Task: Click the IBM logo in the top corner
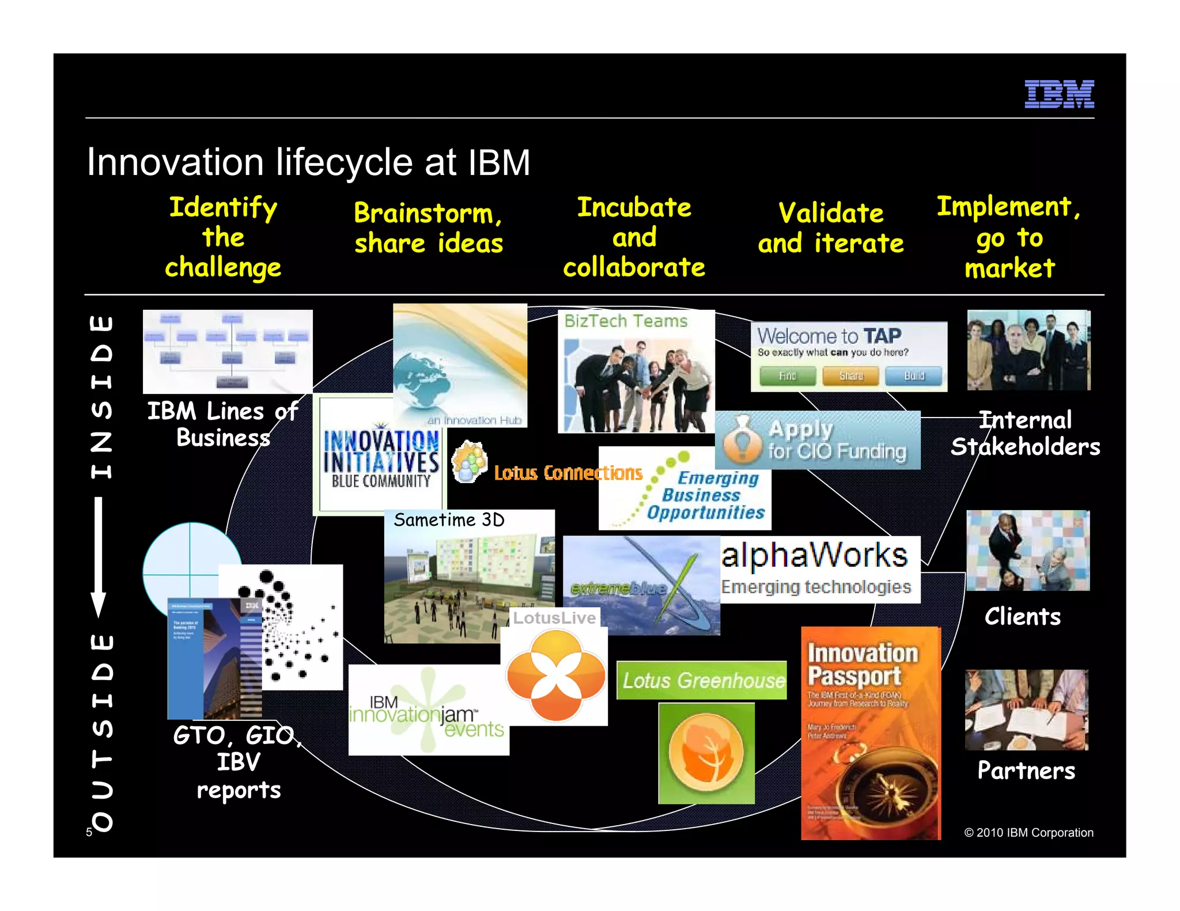tap(1058, 94)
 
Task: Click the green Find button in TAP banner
tap(787, 375)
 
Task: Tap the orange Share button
tap(850, 375)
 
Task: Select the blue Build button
tap(913, 375)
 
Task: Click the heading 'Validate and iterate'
tap(830, 228)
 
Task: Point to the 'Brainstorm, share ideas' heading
tap(428, 228)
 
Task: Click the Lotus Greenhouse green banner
tap(702, 680)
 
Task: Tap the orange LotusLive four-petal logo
tap(555, 675)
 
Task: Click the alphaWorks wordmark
tap(814, 555)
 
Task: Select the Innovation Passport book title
tap(862, 665)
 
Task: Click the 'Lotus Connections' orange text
tap(568, 473)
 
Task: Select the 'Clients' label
tap(1022, 617)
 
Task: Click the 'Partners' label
tap(1026, 770)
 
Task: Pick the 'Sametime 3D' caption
tap(449, 520)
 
